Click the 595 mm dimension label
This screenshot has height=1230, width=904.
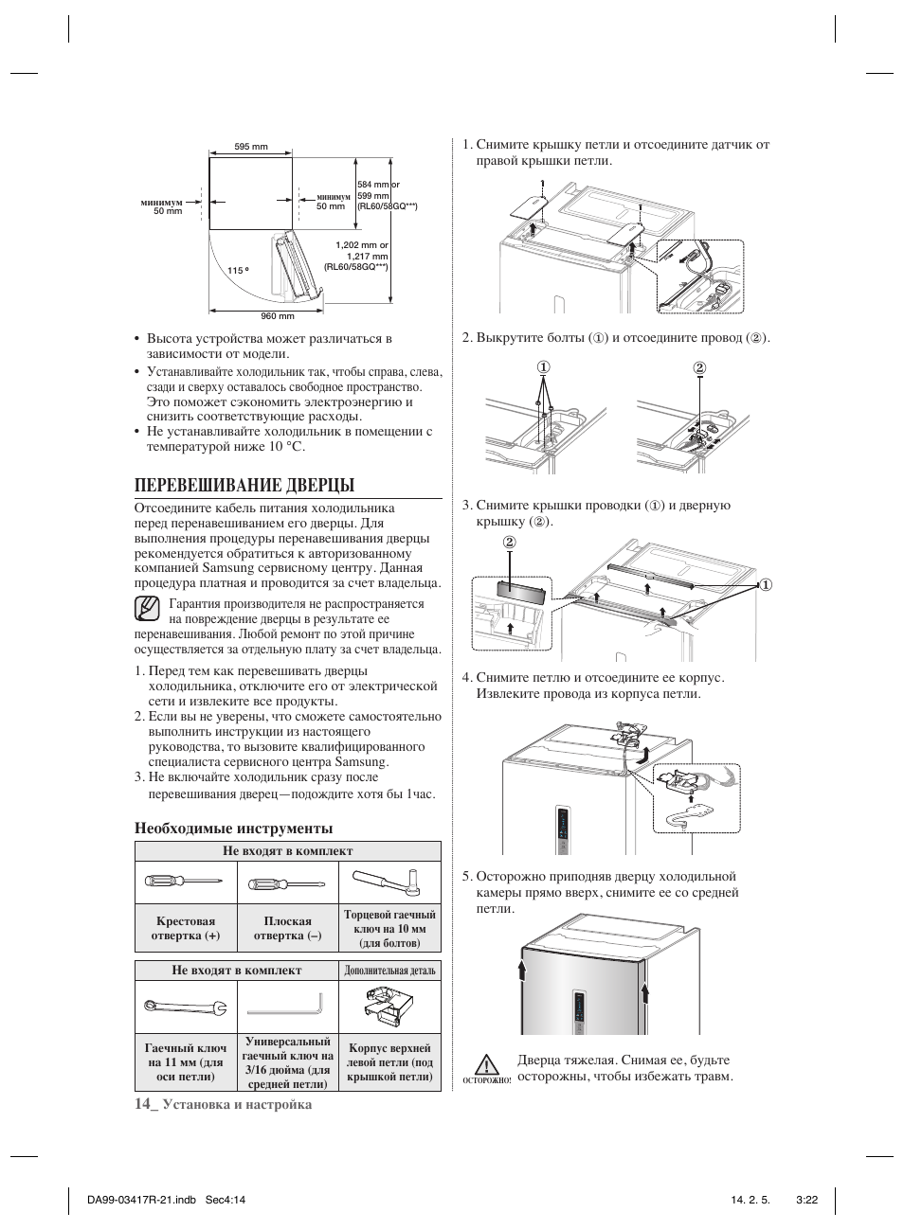[x=251, y=147]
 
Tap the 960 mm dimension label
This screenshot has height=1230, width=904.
[x=278, y=315]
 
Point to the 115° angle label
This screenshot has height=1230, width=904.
[x=238, y=271]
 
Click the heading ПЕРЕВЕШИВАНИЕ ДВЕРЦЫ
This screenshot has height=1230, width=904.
[x=244, y=485]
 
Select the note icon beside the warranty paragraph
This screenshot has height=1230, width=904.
[x=146, y=608]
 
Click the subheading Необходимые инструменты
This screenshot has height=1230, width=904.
[x=233, y=829]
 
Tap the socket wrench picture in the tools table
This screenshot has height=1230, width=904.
[x=390, y=881]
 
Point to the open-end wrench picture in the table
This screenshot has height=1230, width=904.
[x=185, y=1007]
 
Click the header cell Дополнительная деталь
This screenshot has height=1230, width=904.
[x=389, y=971]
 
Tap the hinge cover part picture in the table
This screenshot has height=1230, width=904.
[x=389, y=1006]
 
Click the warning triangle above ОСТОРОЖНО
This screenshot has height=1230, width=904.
[x=488, y=1064]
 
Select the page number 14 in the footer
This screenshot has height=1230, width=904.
[x=143, y=1103]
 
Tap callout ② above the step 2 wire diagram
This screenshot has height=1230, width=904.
[x=699, y=367]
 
